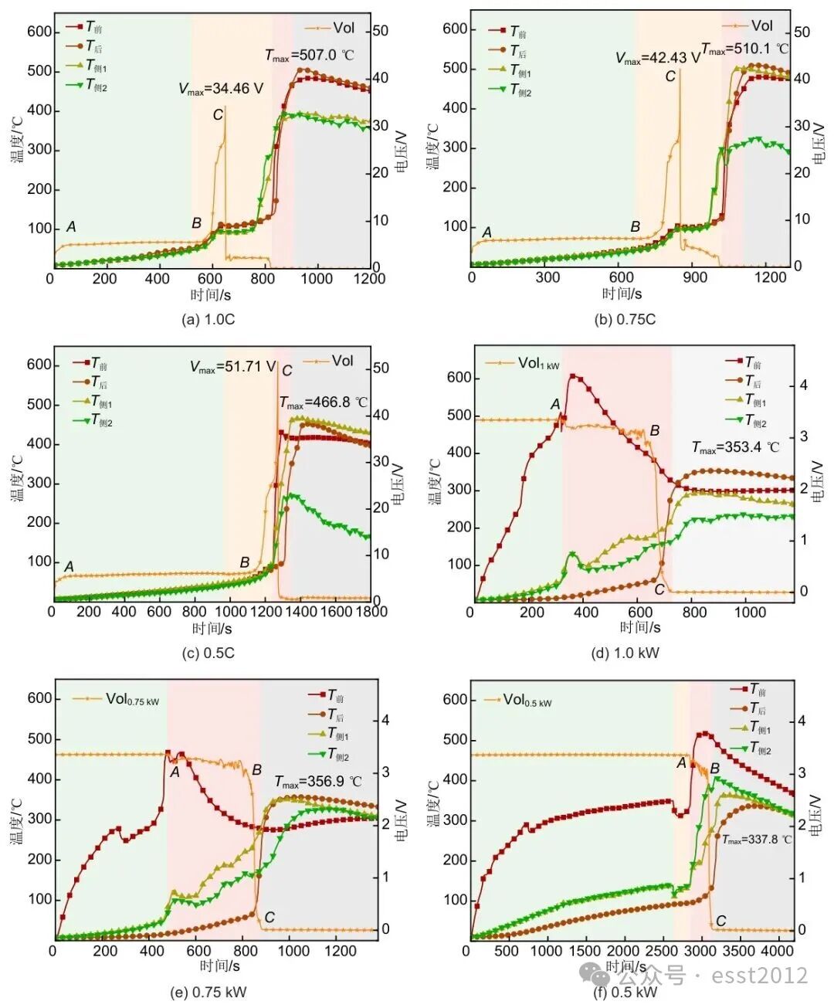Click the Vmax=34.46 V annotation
221,89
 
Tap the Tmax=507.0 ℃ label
309,55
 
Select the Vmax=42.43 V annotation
657,58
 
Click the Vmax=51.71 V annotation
232,367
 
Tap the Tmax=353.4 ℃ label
735,447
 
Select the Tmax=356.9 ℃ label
317,782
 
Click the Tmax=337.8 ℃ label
757,840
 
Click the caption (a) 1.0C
208,319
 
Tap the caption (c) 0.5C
208,653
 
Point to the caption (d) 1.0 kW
625,653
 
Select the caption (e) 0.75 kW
208,992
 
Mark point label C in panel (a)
218,115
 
